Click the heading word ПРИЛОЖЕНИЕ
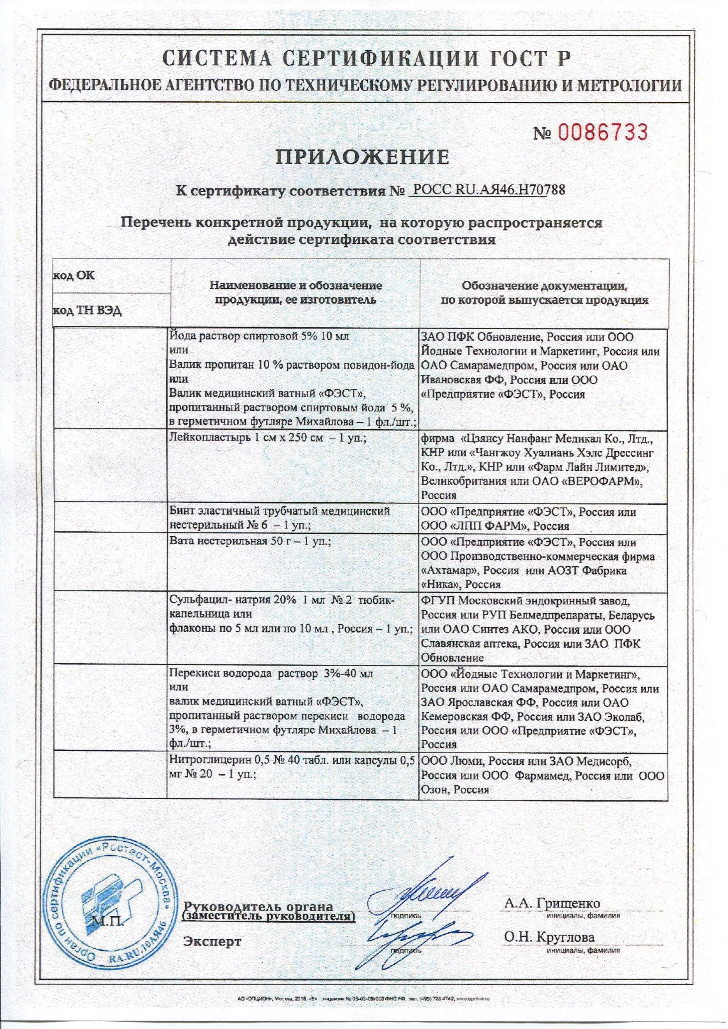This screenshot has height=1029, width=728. coord(362,157)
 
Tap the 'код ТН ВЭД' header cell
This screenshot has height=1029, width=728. coord(87,311)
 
